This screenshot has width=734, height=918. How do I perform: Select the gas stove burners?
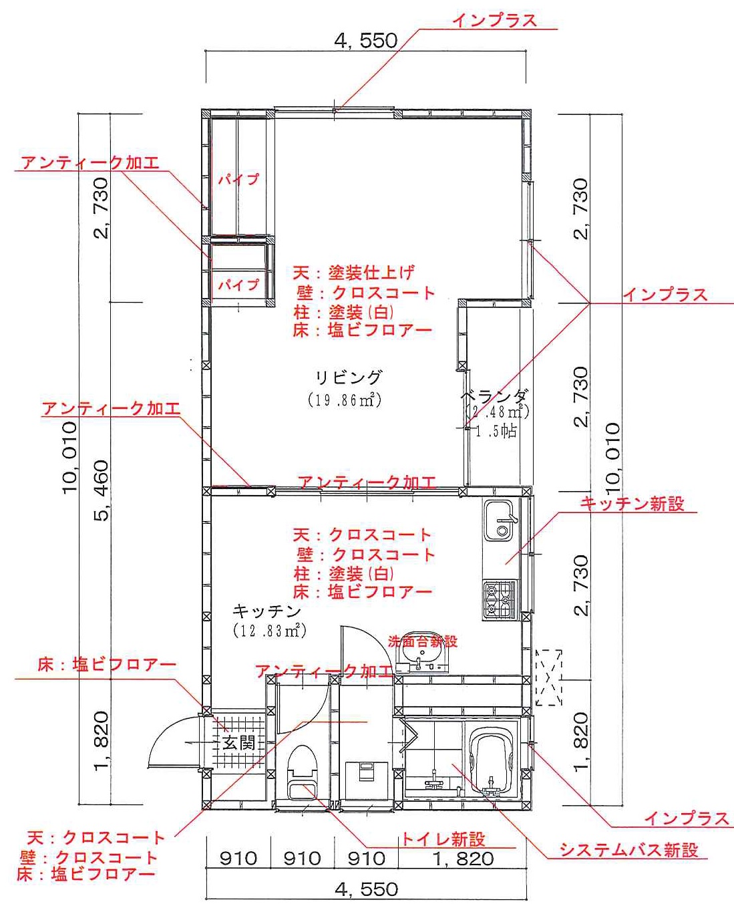[x=500, y=600]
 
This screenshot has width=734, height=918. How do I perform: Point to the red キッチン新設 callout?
[x=632, y=504]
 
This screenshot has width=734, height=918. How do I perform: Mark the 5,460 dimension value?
[x=102, y=490]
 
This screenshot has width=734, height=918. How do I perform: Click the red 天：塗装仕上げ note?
[x=353, y=273]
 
